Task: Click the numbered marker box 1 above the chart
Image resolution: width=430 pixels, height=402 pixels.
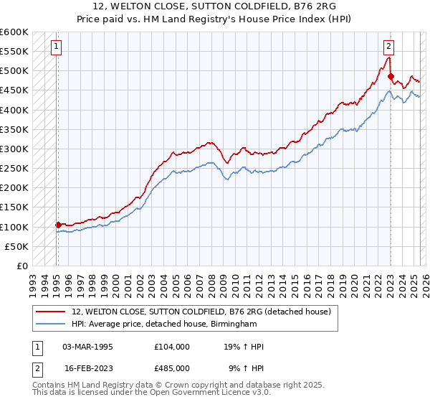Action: tap(57, 47)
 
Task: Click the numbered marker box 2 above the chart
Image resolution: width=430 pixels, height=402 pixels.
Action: tap(389, 47)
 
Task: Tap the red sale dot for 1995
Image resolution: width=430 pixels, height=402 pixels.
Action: tap(58, 225)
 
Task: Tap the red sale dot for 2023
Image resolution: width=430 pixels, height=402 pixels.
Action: tap(391, 76)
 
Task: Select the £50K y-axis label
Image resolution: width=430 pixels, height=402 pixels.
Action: tap(16, 246)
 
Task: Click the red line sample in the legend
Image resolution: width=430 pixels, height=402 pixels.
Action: tap(51, 312)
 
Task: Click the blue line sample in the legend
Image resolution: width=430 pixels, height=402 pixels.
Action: tap(51, 324)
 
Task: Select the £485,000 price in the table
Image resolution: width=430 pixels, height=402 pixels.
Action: tap(172, 368)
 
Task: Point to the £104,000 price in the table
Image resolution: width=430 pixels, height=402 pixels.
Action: tap(172, 347)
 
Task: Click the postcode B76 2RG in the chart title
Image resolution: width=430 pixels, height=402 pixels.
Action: tap(312, 8)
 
